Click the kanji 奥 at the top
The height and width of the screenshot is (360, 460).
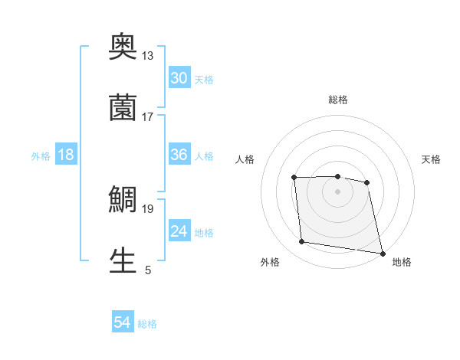(x=123, y=47)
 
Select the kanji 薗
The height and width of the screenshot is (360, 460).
(x=123, y=108)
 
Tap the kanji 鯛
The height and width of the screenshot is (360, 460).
(x=123, y=201)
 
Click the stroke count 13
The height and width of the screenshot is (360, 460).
(x=147, y=56)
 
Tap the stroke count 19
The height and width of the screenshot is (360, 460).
(x=147, y=208)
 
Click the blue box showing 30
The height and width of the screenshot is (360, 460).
(x=179, y=78)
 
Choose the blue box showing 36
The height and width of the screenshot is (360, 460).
(x=179, y=155)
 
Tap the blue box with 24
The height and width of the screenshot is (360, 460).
(x=179, y=231)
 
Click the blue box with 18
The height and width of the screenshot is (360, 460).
(x=66, y=155)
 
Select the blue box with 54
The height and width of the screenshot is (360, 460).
(x=123, y=323)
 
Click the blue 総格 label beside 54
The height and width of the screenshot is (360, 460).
(x=147, y=324)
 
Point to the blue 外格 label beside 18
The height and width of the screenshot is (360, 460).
(x=41, y=155)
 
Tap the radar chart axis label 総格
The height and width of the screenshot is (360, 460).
(x=338, y=100)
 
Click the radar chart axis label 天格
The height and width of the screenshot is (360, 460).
(x=431, y=159)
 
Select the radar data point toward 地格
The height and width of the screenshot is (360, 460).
(x=382, y=253)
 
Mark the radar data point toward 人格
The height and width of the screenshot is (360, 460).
(x=294, y=178)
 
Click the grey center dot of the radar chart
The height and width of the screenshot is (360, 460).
(x=338, y=191)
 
